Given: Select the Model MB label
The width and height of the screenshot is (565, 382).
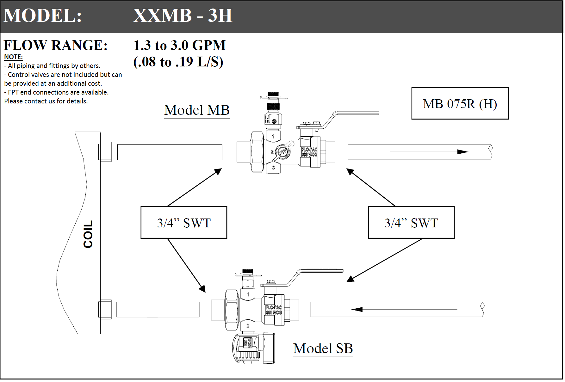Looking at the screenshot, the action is pos(197,110).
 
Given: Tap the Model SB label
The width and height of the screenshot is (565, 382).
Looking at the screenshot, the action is pos(323,348).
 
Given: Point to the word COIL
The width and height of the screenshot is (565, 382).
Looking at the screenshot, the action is pos(88,234).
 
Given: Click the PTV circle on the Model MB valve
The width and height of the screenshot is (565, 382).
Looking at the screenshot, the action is pos(282,152).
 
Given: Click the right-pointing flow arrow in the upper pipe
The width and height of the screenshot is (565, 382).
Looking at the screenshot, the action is pos(429,152).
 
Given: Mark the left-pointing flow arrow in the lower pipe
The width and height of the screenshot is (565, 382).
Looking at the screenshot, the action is pos(404,309).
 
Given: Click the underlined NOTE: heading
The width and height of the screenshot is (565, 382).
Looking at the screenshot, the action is pos(13,57).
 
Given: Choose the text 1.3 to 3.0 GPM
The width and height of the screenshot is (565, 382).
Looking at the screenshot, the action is pos(179,45).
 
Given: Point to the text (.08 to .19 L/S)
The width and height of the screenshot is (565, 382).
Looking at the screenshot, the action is pos(178,62).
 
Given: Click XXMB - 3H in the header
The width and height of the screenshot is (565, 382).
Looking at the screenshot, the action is pos(183,15).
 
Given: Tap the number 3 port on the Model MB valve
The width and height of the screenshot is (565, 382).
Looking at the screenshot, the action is pos(273,168).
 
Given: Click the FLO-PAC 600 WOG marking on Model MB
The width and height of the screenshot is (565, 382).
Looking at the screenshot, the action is pos(309,152).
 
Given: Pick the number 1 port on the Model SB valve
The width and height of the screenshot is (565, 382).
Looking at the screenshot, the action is pos(248,294).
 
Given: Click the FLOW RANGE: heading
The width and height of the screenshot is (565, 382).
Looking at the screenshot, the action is pos(56,45).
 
